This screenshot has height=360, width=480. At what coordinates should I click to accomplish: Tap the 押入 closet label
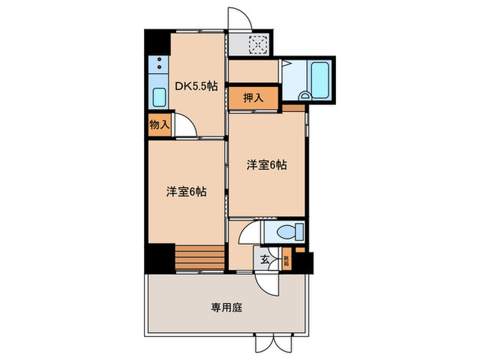(x=254, y=98)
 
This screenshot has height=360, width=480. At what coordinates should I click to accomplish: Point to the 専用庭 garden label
(x=226, y=307)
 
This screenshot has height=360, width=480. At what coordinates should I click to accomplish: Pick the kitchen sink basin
(x=159, y=97)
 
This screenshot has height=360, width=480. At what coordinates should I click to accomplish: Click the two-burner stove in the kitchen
(x=158, y=67)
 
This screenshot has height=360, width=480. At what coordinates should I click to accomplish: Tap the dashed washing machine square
(x=259, y=45)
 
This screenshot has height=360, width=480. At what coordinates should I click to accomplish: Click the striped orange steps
(x=200, y=259)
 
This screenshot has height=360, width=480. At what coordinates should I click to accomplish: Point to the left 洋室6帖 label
(x=186, y=192)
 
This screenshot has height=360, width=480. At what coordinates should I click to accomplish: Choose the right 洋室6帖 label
(x=267, y=165)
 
